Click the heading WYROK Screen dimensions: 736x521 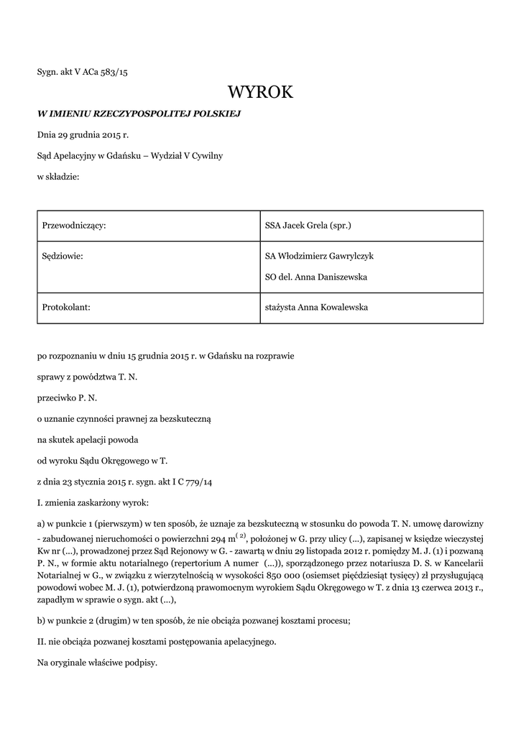[260, 92]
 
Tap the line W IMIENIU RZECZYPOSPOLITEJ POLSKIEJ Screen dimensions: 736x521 [138, 114]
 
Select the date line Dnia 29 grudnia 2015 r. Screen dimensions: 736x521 [83, 134]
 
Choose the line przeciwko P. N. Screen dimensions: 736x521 [67, 397]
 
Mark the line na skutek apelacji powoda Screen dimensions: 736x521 [88, 438]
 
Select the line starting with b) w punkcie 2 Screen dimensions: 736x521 [193, 620]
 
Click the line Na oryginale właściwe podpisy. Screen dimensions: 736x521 [97, 662]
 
